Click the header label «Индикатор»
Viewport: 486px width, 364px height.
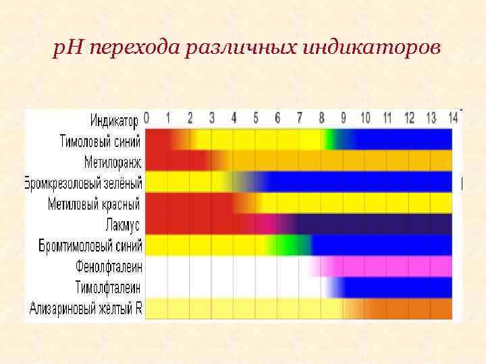(114, 121)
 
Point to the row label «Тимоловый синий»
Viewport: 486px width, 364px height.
(100, 142)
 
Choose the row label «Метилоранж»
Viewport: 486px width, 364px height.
(112, 162)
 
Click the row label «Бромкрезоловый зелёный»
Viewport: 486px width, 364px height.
(84, 183)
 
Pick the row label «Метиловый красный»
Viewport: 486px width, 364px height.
(94, 204)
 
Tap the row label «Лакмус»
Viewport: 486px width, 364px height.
(122, 224)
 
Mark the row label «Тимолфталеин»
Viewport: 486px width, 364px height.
(107, 286)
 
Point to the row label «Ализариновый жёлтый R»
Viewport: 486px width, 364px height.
(86, 308)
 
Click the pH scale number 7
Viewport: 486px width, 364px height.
(299, 118)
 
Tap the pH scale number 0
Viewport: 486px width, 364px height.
(146, 118)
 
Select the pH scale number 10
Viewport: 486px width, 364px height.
(364, 118)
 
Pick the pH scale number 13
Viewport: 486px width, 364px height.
(431, 118)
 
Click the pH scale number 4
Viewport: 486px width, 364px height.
(234, 118)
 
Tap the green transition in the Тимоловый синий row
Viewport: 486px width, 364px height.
(330, 140)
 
